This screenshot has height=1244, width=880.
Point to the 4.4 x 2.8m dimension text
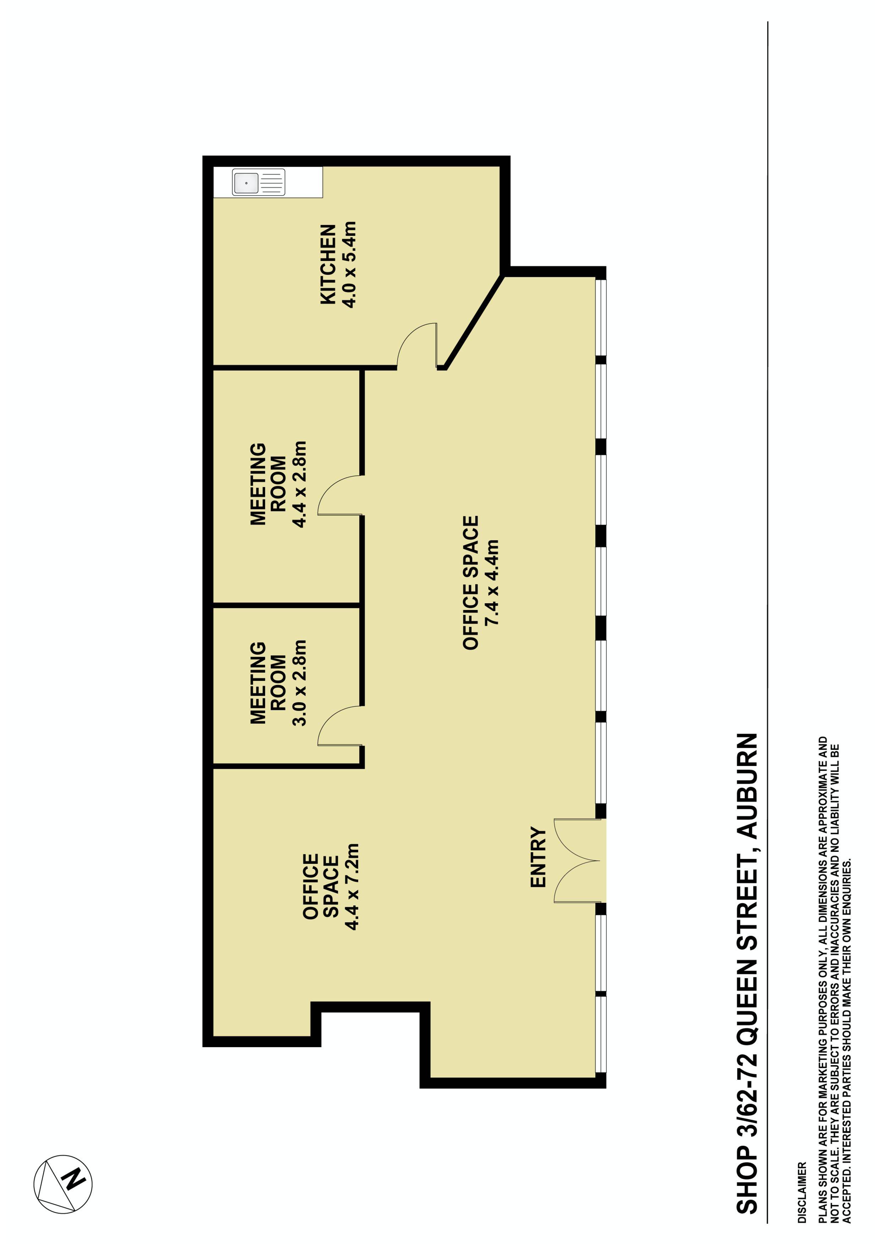(x=299, y=484)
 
